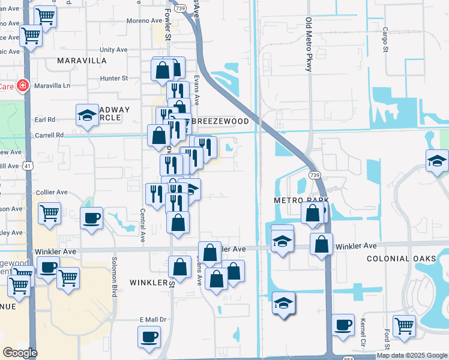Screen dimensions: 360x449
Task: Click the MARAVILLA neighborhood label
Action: point(82,61)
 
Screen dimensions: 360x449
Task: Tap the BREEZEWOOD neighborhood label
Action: point(220,121)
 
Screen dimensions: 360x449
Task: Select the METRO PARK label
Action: point(301,200)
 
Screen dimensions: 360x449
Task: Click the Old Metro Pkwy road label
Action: point(309,45)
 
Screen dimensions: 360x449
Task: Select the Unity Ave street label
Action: point(115,49)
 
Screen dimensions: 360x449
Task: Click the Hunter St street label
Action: point(114,78)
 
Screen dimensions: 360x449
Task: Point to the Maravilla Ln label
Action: point(52,86)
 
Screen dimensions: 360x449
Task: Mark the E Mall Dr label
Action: point(152,320)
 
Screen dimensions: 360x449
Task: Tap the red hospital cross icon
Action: point(23,86)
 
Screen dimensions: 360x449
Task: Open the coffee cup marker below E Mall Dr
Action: point(149,337)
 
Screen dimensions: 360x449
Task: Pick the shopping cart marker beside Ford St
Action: point(404,326)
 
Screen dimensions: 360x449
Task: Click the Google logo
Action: point(20,353)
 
